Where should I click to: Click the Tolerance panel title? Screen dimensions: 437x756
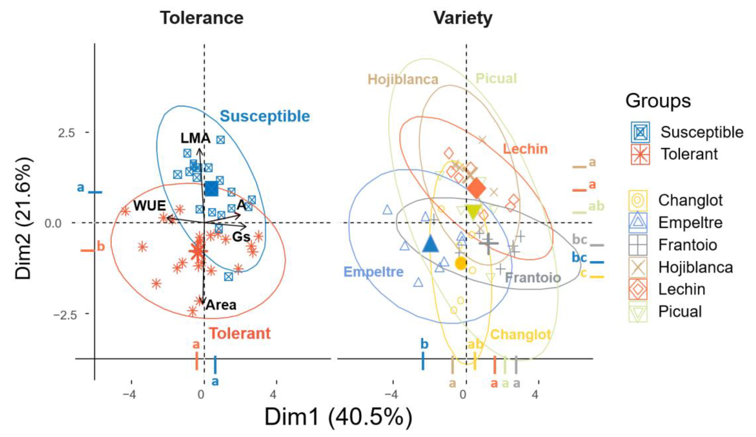(x=201, y=18)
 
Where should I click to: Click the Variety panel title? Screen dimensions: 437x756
(x=463, y=18)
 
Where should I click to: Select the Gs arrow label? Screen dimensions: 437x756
(x=241, y=237)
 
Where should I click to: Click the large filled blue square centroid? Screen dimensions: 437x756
(x=211, y=189)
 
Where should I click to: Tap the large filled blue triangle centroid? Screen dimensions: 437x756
(x=430, y=243)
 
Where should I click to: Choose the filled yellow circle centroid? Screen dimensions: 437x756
(x=461, y=263)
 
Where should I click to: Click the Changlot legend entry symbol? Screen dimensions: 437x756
(x=638, y=200)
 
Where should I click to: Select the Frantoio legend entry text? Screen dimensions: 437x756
(x=688, y=245)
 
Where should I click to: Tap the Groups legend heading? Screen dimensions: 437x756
(x=658, y=101)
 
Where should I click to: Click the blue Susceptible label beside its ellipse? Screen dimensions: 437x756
(x=265, y=116)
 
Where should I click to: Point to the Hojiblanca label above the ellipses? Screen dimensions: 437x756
(x=403, y=79)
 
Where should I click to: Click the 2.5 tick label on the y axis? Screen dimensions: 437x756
(x=66, y=133)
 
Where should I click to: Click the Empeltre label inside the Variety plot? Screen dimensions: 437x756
(x=373, y=272)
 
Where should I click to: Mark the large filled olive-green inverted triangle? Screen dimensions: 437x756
(x=473, y=212)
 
